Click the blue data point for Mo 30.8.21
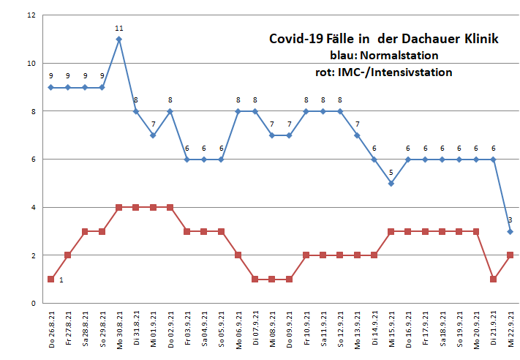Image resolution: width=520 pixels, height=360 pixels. pyautogui.click(x=118, y=39)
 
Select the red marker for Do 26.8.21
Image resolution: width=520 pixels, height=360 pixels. pyautogui.click(x=50, y=279)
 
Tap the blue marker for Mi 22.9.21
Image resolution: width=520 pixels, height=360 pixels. pyautogui.click(x=510, y=231)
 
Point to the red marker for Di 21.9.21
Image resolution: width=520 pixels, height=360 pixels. pyautogui.click(x=493, y=279)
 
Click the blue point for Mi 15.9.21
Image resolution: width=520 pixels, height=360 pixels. pyautogui.click(x=391, y=183)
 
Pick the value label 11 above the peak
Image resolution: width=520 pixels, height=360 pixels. pyautogui.click(x=118, y=29)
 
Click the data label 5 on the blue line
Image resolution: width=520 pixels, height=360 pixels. pyautogui.click(x=391, y=173)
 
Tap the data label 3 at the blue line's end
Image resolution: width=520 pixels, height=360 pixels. pyautogui.click(x=510, y=220)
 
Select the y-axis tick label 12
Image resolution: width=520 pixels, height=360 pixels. pyautogui.click(x=30, y=15)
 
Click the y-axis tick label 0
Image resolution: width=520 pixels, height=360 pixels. pyautogui.click(x=33, y=303)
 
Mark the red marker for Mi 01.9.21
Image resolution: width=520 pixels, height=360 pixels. pyautogui.click(x=153, y=207)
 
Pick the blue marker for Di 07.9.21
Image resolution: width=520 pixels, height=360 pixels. pyautogui.click(x=255, y=111)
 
